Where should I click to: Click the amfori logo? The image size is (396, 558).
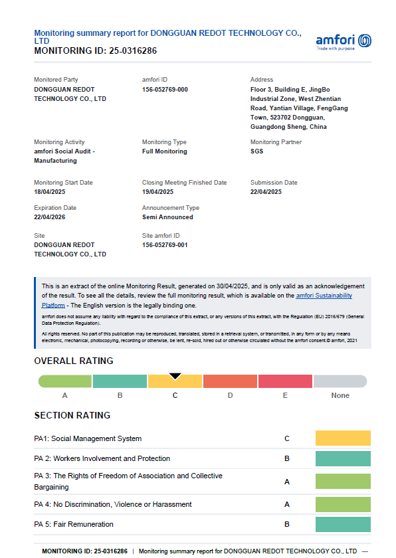point(344,41)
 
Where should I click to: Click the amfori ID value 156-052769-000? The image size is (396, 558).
point(165,90)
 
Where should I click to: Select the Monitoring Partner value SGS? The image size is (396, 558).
point(256,151)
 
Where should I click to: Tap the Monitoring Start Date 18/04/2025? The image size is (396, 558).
point(50,192)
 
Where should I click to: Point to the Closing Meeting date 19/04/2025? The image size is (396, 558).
point(157,192)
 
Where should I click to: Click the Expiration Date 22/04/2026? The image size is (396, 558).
point(50,217)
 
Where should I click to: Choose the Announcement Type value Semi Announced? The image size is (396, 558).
point(167,217)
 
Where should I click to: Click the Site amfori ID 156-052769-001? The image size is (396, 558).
point(165,245)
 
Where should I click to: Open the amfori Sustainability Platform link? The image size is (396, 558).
point(324,296)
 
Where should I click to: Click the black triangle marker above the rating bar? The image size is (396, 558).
point(175,376)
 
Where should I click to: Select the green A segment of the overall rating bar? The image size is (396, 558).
point(65,381)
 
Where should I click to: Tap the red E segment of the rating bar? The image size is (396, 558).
point(285,381)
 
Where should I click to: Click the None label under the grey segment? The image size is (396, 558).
point(340,395)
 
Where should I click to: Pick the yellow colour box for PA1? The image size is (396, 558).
point(343,438)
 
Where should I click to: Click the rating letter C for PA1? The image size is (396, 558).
point(287,438)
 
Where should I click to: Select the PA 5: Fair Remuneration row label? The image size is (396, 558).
point(74,524)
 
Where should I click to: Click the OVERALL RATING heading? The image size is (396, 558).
point(74,361)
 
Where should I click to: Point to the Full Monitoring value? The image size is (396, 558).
point(165,151)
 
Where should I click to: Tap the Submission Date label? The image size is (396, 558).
point(274,183)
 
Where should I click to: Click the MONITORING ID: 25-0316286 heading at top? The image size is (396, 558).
point(96,50)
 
